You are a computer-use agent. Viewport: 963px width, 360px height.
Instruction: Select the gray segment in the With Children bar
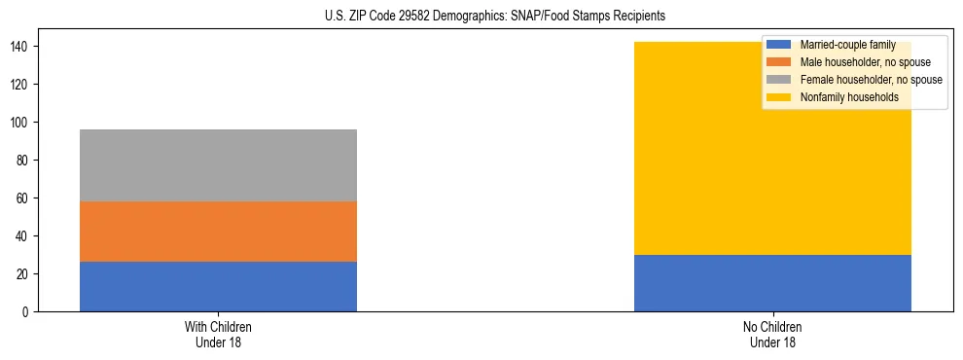tap(218, 165)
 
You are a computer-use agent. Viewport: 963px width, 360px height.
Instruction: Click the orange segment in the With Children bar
tap(218, 232)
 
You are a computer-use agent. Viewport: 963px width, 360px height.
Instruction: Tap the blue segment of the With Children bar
tap(218, 287)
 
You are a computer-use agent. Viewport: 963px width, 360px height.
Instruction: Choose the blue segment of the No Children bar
tap(772, 283)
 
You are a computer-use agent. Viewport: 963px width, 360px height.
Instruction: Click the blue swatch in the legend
tap(779, 45)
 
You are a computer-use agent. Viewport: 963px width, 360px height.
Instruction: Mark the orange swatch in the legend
tap(779, 62)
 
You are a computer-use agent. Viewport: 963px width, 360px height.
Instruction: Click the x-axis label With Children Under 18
tap(218, 334)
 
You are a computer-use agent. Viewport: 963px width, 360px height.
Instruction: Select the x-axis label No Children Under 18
tap(772, 334)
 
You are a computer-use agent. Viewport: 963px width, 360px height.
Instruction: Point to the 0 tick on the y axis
tap(23, 311)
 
